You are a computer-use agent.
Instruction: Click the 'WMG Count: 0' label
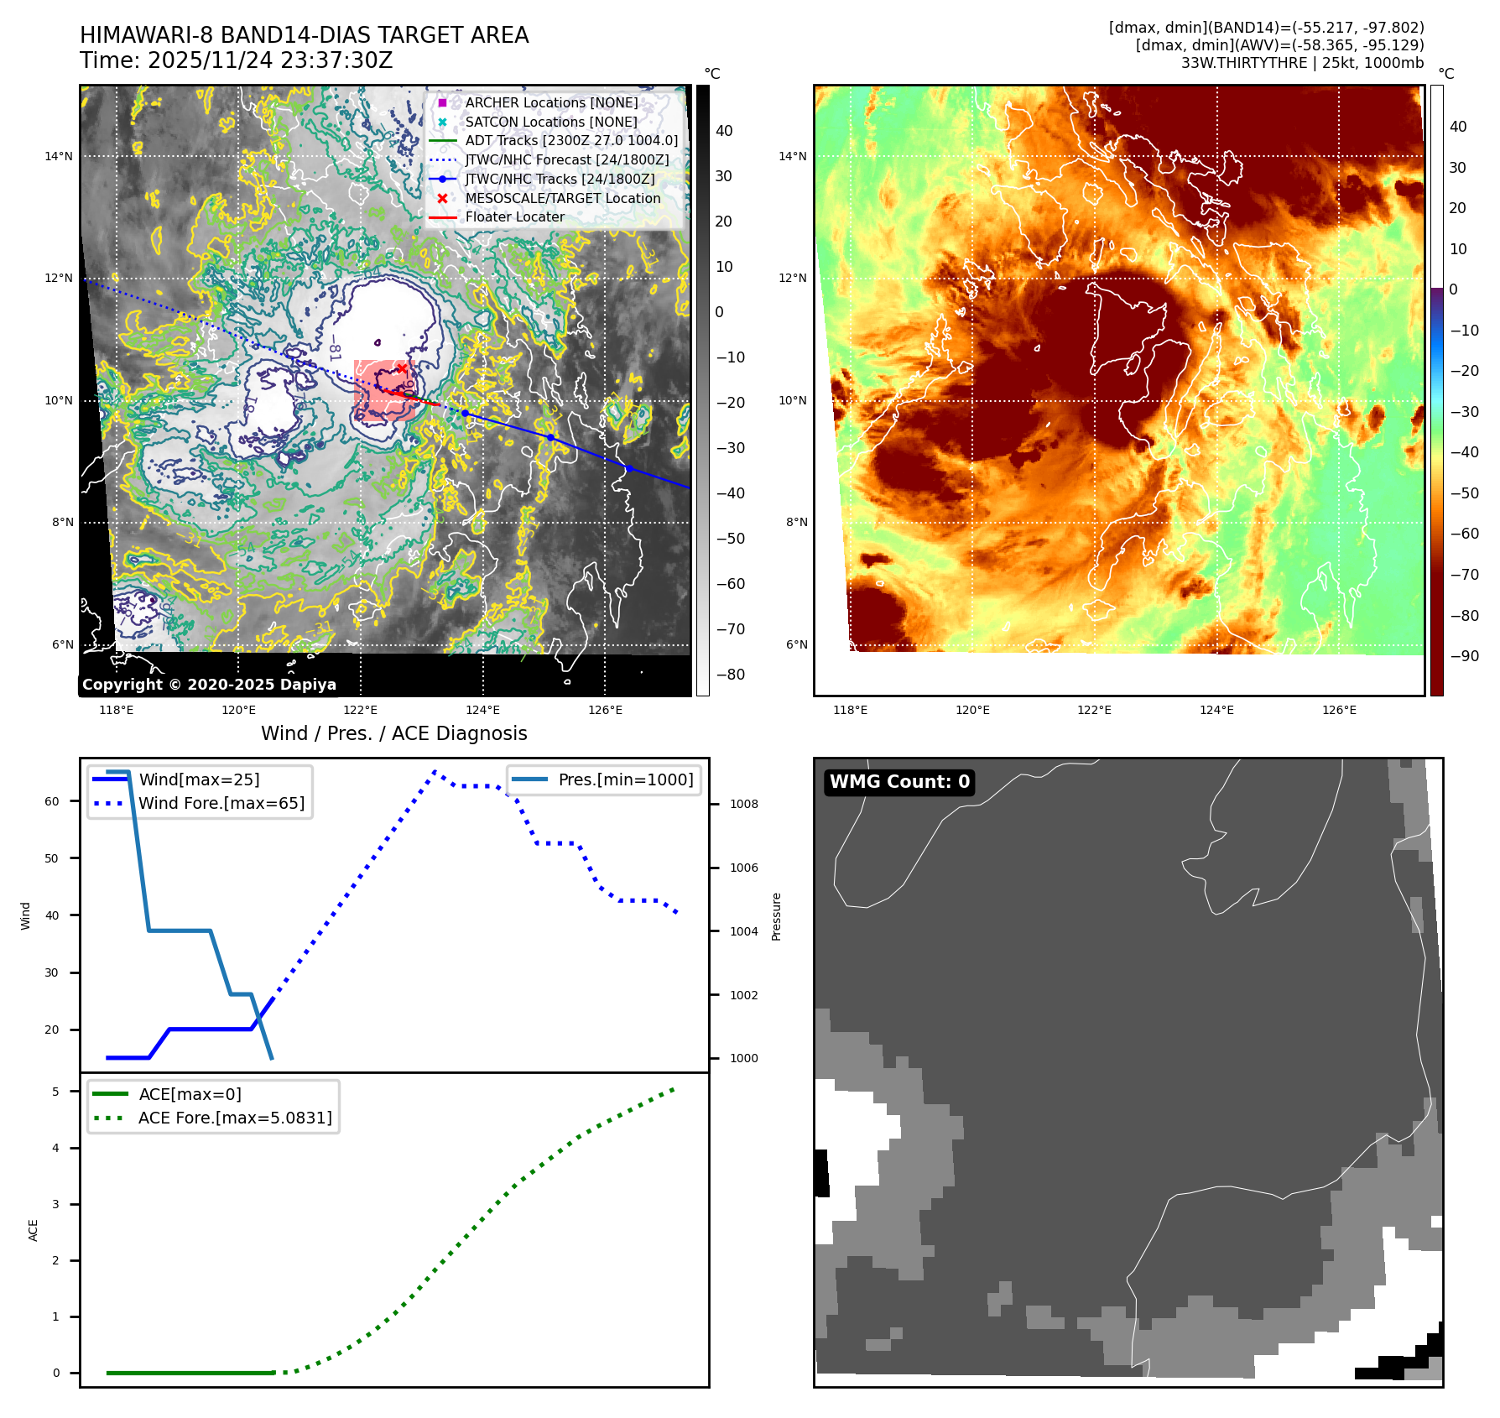[899, 782]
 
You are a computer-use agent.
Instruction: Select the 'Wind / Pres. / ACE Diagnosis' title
[394, 733]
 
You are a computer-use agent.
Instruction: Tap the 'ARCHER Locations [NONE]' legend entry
[551, 102]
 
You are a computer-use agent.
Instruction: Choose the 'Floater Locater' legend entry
[514, 216]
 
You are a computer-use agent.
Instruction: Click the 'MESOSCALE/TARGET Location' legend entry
[562, 198]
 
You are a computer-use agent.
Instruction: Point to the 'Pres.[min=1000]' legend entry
[625, 779]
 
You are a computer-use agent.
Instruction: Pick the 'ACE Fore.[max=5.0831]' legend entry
[235, 1118]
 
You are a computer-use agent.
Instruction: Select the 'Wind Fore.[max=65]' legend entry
[221, 803]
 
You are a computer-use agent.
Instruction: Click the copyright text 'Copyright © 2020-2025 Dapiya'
[209, 685]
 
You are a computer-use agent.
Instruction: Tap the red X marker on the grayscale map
[403, 368]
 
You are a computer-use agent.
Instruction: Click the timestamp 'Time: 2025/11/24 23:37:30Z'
[236, 60]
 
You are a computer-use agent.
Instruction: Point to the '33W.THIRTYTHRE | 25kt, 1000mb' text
[1302, 63]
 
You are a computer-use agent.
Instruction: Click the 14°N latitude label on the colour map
[793, 156]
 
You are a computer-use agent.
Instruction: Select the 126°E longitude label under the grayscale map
[605, 710]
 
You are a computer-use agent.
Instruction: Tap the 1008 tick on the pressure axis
[743, 804]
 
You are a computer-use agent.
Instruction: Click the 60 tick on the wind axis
[52, 801]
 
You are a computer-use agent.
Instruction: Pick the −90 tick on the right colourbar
[1465, 656]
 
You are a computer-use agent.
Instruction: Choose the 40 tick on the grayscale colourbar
[724, 131]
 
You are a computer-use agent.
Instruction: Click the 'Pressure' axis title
[776, 916]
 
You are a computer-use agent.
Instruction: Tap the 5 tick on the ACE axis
[56, 1092]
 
